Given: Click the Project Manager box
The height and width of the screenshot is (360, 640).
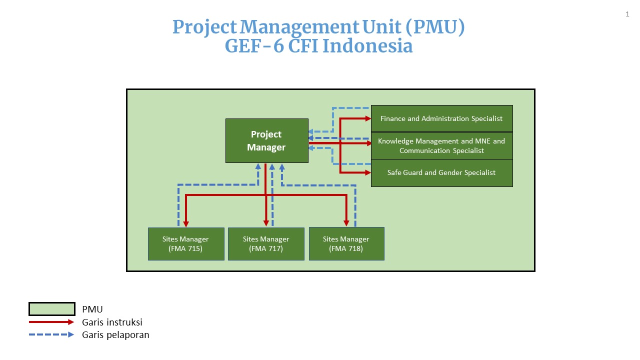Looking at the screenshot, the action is click(x=267, y=141).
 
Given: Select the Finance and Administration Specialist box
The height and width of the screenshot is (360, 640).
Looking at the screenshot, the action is click(x=441, y=118).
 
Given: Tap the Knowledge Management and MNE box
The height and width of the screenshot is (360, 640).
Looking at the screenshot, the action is click(x=441, y=145).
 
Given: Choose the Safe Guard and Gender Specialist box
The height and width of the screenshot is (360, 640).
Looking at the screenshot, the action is click(x=441, y=173).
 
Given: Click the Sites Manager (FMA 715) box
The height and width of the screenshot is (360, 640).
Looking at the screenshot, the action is click(x=186, y=244).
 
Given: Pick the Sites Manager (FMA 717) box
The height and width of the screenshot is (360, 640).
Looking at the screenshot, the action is click(x=266, y=244).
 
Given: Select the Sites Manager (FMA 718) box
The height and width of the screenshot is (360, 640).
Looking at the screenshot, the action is click(x=346, y=243).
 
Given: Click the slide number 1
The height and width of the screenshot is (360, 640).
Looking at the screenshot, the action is click(x=627, y=14).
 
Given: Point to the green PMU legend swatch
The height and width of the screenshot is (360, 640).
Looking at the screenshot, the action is click(x=52, y=309).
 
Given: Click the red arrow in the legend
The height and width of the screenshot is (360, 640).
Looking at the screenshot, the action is click(x=51, y=322).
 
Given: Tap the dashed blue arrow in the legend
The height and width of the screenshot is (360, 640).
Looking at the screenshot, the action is click(x=51, y=334).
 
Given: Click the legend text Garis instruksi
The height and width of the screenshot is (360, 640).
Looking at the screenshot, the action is click(x=112, y=322).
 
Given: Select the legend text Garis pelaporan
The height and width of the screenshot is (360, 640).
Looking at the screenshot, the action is click(x=115, y=335).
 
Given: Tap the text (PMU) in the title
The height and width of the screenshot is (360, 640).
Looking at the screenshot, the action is click(x=435, y=27).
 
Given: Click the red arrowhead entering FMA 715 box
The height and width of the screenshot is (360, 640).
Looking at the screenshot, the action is click(x=186, y=223).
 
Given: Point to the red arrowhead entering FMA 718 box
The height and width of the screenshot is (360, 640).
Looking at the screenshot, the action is click(x=346, y=223).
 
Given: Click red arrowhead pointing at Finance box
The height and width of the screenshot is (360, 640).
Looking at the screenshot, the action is click(x=368, y=118).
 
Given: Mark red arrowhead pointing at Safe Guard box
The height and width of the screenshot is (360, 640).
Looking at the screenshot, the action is click(x=368, y=172).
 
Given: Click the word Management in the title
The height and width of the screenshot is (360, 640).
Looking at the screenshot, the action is click(x=299, y=27).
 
